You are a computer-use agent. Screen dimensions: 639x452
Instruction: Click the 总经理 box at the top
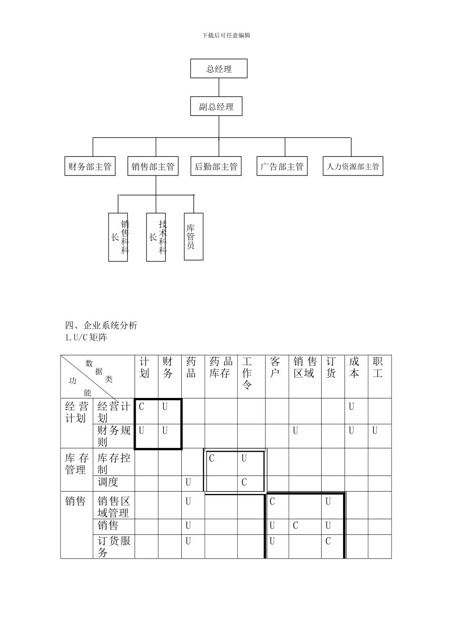point(219,68)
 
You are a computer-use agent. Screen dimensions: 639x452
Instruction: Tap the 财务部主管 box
point(90,166)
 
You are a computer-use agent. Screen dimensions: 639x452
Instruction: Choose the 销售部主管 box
point(153,166)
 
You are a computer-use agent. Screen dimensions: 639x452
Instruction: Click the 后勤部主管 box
point(216,166)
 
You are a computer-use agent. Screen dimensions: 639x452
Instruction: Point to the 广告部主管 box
point(282,166)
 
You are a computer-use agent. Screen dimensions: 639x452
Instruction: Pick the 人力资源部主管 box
point(353,166)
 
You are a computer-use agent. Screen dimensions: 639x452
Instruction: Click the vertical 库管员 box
point(193,236)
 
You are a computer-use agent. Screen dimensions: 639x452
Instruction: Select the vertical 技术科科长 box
point(156,237)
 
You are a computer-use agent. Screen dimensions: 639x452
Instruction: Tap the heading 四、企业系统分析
point(101,326)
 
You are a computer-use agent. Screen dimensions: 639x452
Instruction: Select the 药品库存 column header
point(221,368)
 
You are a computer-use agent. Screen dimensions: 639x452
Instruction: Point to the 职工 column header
point(378,368)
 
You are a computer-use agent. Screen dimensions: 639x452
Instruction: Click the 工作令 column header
point(247,373)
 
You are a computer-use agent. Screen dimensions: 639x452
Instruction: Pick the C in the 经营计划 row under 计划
point(142,407)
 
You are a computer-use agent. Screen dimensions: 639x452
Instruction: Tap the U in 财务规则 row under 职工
point(375,431)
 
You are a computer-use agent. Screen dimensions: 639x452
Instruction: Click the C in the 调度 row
point(244,483)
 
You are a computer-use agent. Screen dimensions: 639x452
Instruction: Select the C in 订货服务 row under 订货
point(328,541)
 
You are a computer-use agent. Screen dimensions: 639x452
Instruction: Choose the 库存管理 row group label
point(77,464)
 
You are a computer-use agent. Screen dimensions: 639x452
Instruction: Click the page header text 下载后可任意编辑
point(226,35)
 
